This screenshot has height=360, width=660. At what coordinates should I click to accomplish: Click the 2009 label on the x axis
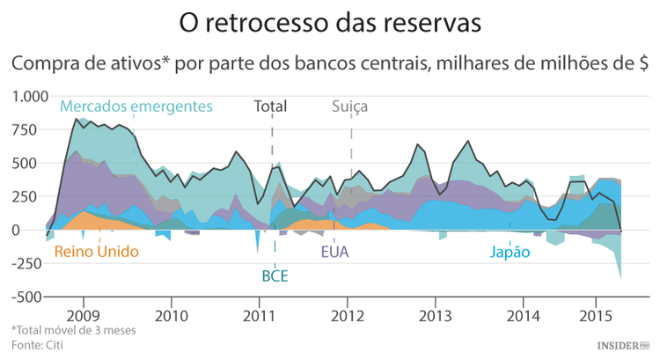click(83, 314)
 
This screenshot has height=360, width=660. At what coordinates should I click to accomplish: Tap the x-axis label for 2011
click(259, 314)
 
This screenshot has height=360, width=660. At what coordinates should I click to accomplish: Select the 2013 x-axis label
click(435, 314)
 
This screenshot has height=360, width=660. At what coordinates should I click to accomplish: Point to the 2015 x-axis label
click(598, 314)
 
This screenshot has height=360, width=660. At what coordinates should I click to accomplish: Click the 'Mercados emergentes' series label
click(136, 107)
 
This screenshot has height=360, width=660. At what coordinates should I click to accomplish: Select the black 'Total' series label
click(270, 107)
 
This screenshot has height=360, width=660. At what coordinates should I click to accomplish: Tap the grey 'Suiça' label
click(349, 107)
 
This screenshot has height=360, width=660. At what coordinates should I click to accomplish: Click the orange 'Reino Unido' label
click(97, 252)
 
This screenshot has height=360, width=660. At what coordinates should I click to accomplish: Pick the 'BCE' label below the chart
click(275, 276)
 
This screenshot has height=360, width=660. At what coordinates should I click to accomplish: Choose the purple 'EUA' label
click(334, 252)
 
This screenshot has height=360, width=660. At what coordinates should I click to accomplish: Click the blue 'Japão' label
click(510, 252)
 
